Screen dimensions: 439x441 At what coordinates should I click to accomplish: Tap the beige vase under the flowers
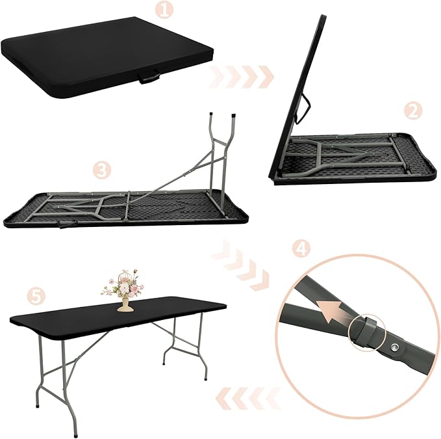click(122, 304)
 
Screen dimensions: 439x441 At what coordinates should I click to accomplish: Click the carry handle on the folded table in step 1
click(149, 79)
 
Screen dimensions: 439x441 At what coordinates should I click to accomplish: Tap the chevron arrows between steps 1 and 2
click(242, 77)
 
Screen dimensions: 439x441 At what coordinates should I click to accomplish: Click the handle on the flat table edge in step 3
click(66, 226)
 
